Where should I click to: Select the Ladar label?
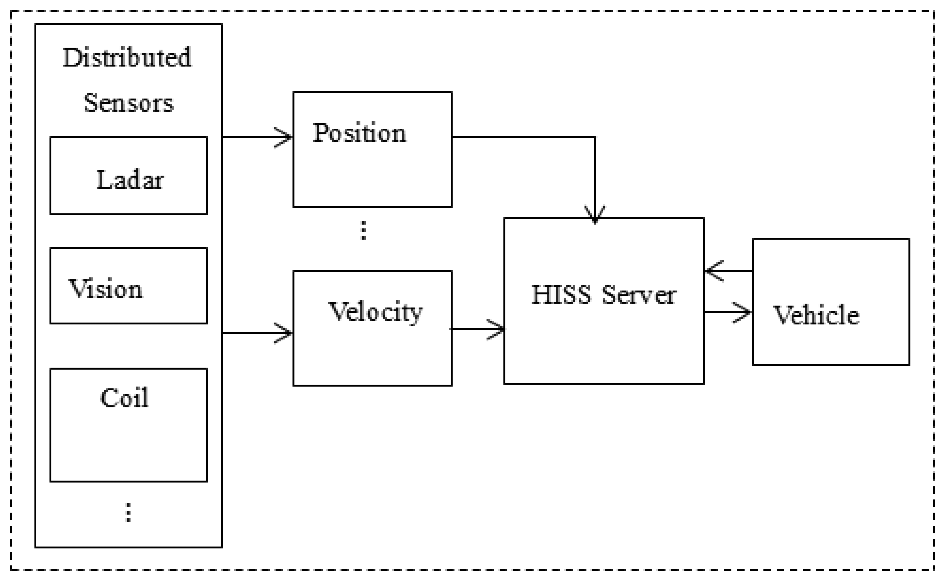pyautogui.click(x=130, y=180)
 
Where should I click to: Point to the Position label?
pyautogui.click(x=359, y=133)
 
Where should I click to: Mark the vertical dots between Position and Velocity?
pyautogui.click(x=364, y=230)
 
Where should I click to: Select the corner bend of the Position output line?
pyautogui.click(x=595, y=137)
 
